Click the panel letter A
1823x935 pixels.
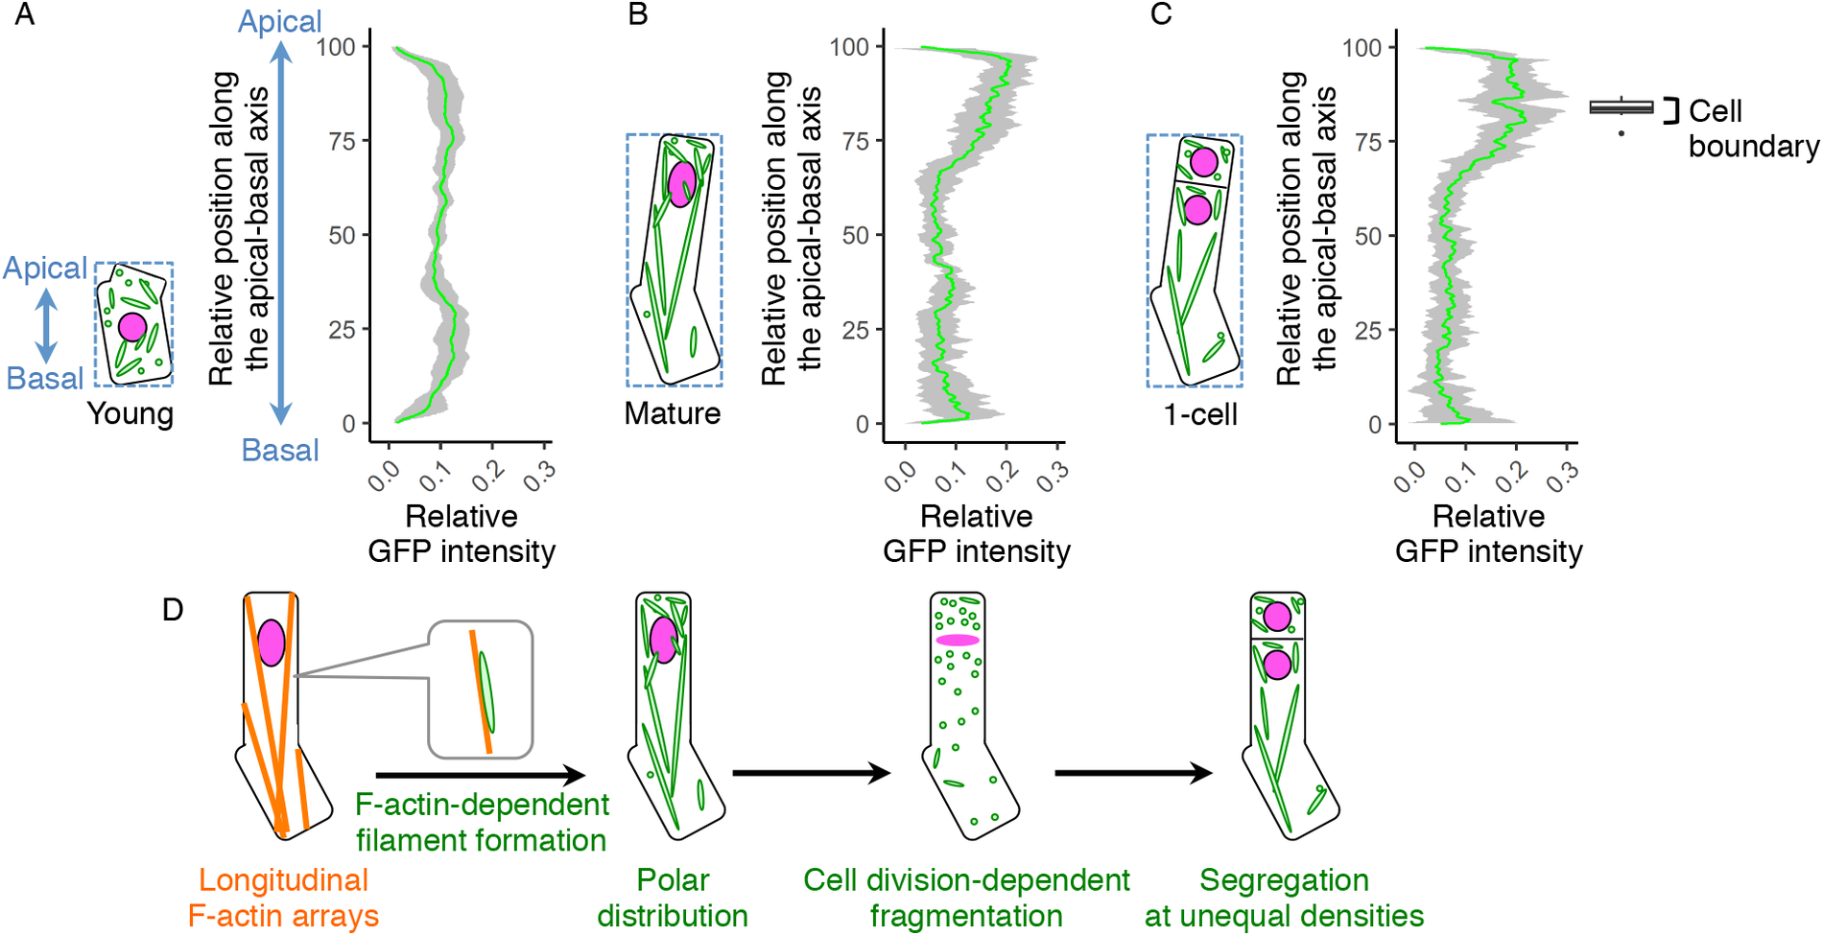click(24, 15)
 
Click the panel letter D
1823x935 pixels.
click(173, 610)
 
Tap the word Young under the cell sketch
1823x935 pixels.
click(130, 414)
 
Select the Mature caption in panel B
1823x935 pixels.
click(672, 413)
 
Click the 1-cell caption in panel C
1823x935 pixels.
click(1199, 414)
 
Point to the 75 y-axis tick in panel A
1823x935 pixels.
click(343, 141)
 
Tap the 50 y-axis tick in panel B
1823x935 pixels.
click(855, 235)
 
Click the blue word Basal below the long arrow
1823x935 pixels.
click(279, 450)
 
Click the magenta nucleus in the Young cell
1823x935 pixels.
click(132, 327)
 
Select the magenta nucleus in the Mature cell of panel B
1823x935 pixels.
click(681, 184)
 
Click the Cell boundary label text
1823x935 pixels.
click(1752, 129)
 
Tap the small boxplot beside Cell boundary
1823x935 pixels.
click(1622, 107)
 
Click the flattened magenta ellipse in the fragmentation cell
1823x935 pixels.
click(958, 640)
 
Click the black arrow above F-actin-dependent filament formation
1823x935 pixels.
click(480, 775)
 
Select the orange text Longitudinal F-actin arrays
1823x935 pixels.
click(283, 898)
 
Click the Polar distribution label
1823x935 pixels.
click(673, 898)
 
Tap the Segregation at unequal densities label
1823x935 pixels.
click(1284, 898)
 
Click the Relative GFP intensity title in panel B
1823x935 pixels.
click(976, 533)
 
